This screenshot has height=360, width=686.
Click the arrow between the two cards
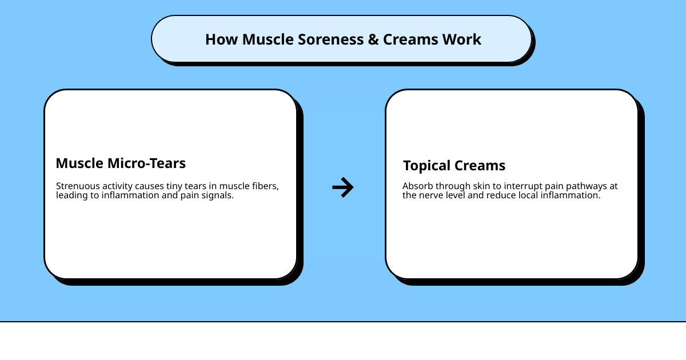(343, 187)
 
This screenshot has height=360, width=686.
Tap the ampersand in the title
(372, 39)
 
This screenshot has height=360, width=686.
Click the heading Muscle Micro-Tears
(121, 163)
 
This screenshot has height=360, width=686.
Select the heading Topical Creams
(454, 166)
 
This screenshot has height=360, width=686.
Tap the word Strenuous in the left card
(77, 186)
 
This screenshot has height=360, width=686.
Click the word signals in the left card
(218, 195)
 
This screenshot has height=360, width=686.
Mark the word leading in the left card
(71, 195)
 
